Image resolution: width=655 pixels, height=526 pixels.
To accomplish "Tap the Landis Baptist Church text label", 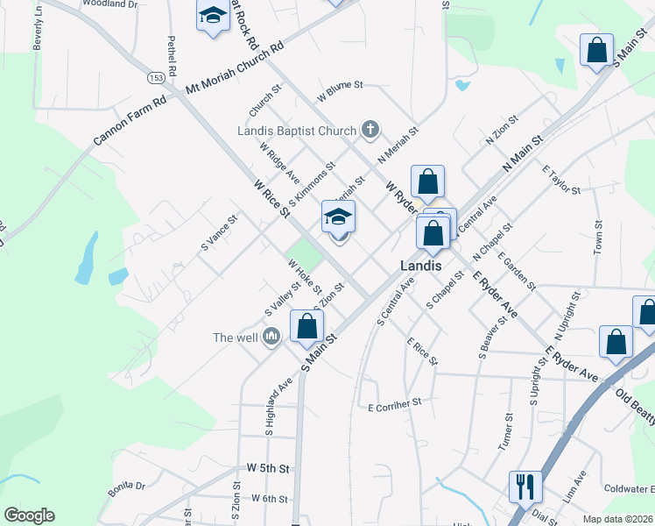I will click(297, 131).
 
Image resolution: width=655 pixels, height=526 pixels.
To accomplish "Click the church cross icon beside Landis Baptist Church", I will click(370, 131).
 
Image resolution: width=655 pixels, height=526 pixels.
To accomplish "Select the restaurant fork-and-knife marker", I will click(525, 486).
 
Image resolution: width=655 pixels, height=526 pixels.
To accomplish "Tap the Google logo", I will click(29, 515).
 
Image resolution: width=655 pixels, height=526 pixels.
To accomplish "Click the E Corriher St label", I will click(395, 406).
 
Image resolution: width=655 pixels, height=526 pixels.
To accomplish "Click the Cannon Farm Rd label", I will click(130, 122).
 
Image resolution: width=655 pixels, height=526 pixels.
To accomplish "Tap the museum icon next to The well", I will click(271, 337).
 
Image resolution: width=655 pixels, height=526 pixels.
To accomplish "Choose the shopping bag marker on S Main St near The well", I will click(306, 325).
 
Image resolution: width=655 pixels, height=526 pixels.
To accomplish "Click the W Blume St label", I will click(340, 86).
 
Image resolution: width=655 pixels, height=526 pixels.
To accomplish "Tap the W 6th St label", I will click(269, 499).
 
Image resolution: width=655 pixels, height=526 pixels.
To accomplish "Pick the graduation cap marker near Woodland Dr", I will click(212, 16).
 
